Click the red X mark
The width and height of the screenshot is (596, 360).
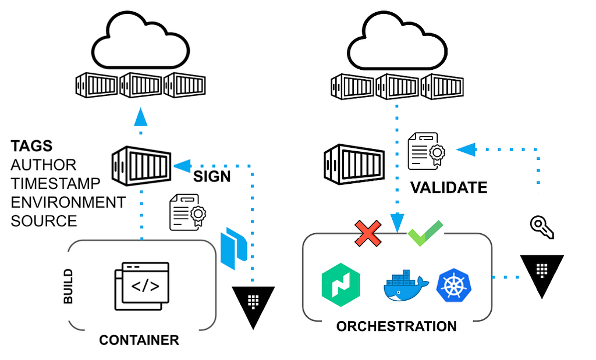(x=368, y=233)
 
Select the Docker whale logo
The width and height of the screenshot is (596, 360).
(x=406, y=286)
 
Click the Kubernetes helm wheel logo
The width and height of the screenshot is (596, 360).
(x=454, y=286)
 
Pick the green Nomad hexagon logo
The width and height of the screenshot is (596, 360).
(x=341, y=285)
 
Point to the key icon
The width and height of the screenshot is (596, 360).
(x=542, y=227)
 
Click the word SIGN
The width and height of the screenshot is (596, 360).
(x=212, y=177)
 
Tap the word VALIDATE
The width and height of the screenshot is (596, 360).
(x=449, y=188)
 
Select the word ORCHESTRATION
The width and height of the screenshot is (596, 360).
(x=396, y=326)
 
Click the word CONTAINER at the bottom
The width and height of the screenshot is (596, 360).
(x=139, y=340)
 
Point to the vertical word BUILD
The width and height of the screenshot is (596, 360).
(x=68, y=286)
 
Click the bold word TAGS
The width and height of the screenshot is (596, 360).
(x=31, y=146)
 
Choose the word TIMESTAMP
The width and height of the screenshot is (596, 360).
(x=55, y=183)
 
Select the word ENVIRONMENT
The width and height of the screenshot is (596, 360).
(x=68, y=202)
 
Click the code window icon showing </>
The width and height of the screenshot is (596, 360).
(x=142, y=286)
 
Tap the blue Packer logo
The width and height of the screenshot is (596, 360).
(x=234, y=248)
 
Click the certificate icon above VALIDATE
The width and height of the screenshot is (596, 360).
(x=426, y=151)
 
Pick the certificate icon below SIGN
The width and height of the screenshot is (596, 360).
(x=188, y=212)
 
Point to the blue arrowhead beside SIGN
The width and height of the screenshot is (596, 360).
(x=182, y=166)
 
